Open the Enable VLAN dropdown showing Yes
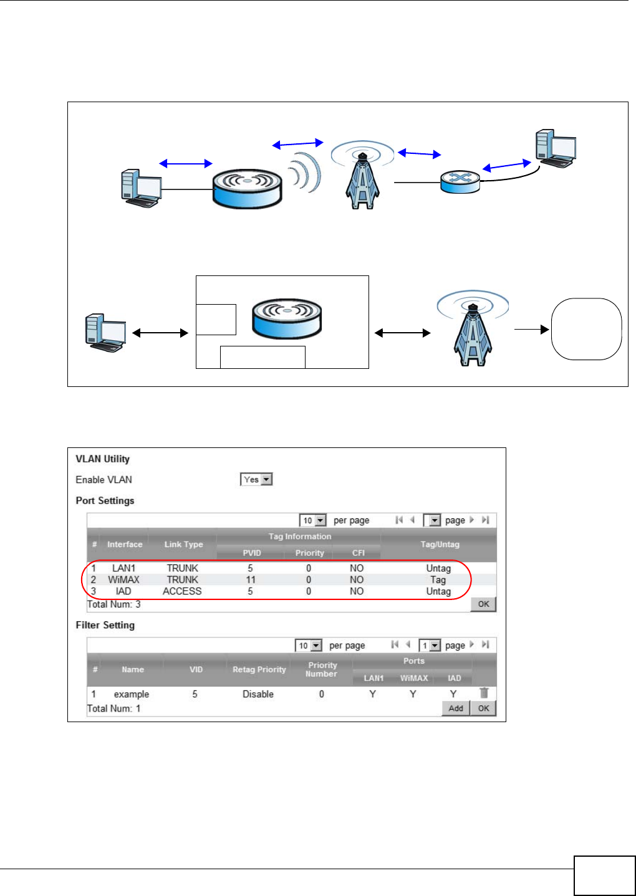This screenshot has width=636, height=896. tap(256, 479)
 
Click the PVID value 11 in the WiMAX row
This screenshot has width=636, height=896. tap(251, 579)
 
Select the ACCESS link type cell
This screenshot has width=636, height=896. tap(182, 591)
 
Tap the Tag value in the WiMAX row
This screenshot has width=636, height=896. tap(438, 579)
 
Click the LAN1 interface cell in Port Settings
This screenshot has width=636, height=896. tap(123, 568)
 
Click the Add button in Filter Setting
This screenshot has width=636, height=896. tap(456, 708)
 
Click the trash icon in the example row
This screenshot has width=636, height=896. tap(484, 693)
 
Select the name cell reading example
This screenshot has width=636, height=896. tap(131, 694)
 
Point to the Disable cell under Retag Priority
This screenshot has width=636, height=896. tap(258, 694)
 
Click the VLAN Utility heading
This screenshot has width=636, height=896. tap(103, 459)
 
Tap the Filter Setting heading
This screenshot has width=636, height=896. tap(105, 625)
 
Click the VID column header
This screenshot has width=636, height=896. tap(196, 669)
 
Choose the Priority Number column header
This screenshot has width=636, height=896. tap(322, 669)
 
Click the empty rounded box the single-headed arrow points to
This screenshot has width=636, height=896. tap(586, 329)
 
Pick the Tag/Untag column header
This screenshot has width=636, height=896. tap(440, 544)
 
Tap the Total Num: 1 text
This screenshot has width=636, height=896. tap(114, 708)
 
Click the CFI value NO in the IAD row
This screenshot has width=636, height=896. tap(357, 591)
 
